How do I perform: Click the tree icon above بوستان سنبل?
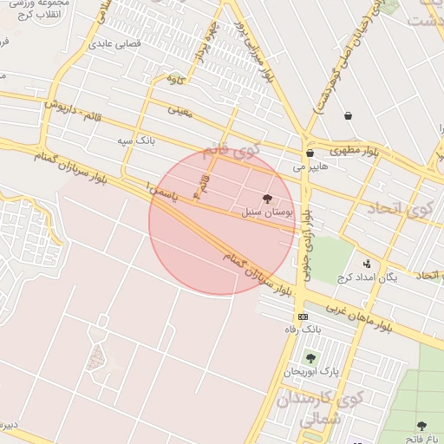pyautogui.click(x=266, y=199)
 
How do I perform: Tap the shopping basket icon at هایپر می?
pyautogui.click(x=310, y=153)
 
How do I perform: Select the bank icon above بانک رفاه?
pyautogui.click(x=302, y=317)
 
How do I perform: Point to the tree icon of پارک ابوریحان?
pyautogui.click(x=310, y=358)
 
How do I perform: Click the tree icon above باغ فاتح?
pyautogui.click(x=421, y=426)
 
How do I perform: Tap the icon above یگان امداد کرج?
pyautogui.click(x=367, y=264)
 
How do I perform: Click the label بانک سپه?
pyautogui.click(x=137, y=140)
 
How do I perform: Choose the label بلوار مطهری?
pyautogui.click(x=360, y=151)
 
